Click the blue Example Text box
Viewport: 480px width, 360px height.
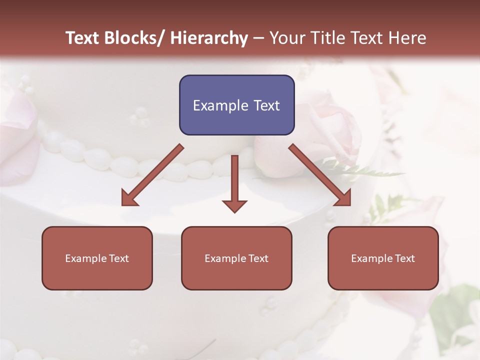coord(236,105)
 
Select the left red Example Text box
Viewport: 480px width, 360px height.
coord(97,258)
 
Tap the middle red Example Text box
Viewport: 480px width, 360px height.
coord(236,258)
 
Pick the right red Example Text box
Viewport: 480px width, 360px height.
coord(383,258)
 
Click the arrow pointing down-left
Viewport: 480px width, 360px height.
coord(152,175)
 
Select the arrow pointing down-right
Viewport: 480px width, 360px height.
coord(320,175)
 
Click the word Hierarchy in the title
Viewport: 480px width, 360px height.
coord(208,38)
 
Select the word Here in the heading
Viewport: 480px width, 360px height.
coord(407,38)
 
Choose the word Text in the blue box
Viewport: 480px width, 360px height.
coord(265,105)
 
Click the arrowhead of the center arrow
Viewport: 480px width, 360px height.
coord(235,205)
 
